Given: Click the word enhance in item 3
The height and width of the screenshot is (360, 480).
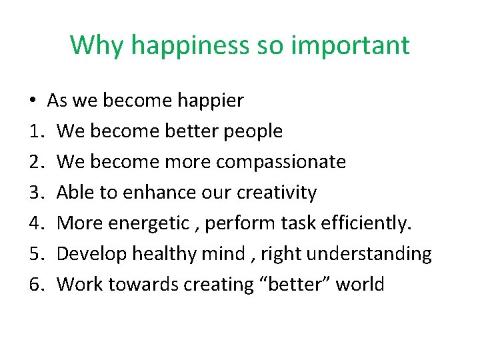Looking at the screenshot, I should (x=141, y=193).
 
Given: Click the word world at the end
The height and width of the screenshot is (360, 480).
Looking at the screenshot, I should (x=360, y=285).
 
